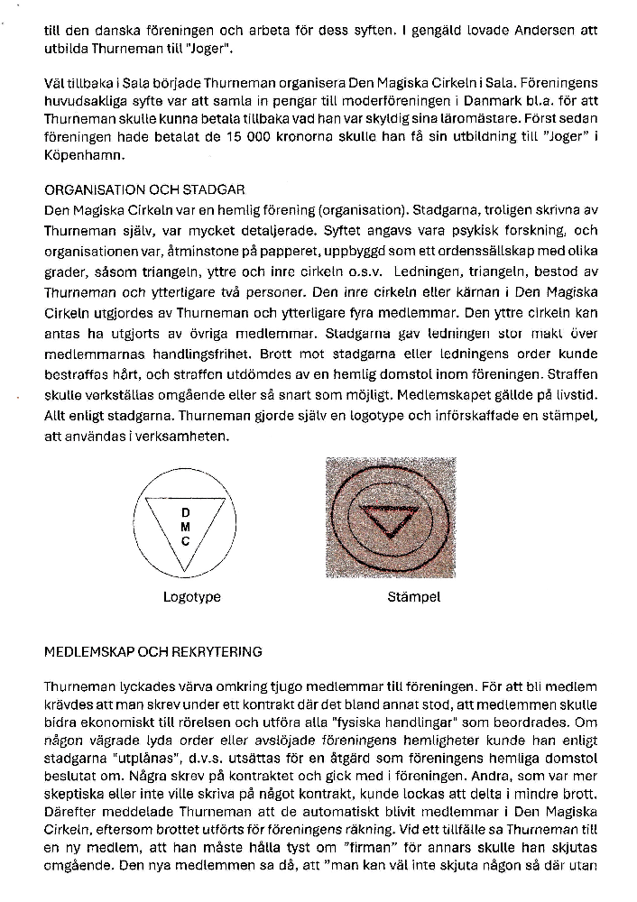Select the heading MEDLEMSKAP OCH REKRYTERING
coord(152,650)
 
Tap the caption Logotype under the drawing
coord(191,596)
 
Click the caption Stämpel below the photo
coord(389,596)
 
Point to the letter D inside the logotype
coord(185,513)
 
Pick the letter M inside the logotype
coord(185,527)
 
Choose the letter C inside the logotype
coord(185,541)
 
